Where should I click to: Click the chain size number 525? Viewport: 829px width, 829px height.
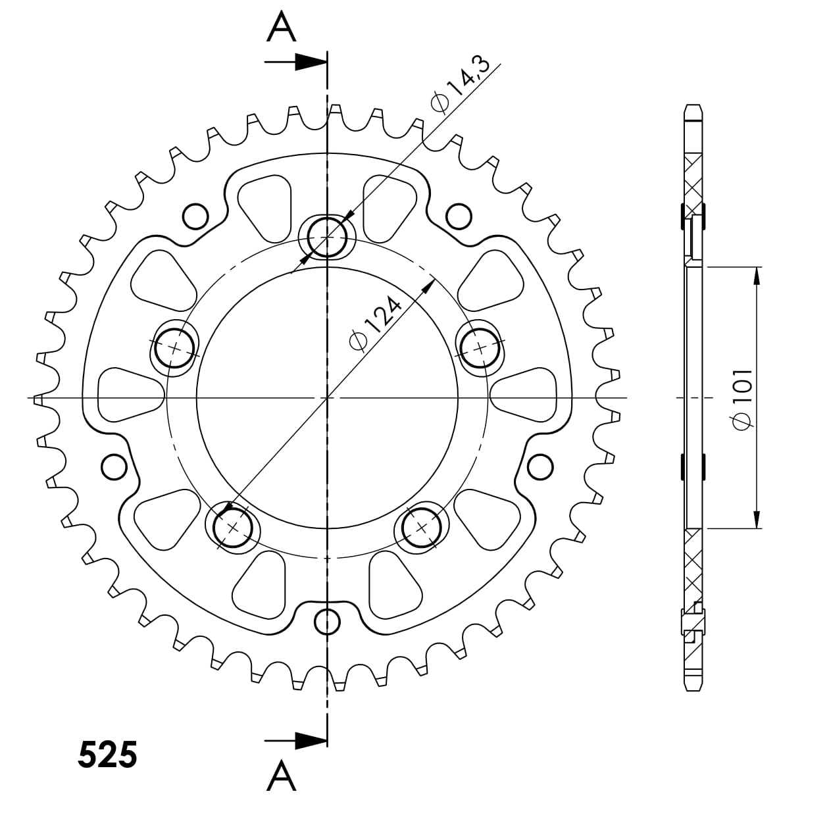pyautogui.click(x=108, y=755)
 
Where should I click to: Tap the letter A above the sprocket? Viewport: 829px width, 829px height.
pyautogui.click(x=281, y=28)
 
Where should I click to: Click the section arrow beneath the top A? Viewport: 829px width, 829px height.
pyautogui.click(x=296, y=63)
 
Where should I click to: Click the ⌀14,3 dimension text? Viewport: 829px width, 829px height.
pyautogui.click(x=460, y=86)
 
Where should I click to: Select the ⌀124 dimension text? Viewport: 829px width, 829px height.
pyautogui.click(x=376, y=324)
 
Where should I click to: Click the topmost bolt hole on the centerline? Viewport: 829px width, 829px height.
pyautogui.click(x=327, y=236)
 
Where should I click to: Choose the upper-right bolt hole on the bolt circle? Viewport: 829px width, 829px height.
pyautogui.click(x=480, y=346)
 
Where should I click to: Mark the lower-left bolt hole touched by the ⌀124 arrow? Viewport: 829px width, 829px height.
pyautogui.click(x=233, y=526)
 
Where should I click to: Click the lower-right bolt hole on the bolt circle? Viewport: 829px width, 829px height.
pyautogui.click(x=422, y=527)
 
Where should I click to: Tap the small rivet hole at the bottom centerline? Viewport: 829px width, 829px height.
pyautogui.click(x=327, y=620)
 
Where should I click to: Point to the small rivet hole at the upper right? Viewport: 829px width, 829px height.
pyautogui.click(x=459, y=215)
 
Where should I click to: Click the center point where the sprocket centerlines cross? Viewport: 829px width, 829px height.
pyautogui.click(x=327, y=398)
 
